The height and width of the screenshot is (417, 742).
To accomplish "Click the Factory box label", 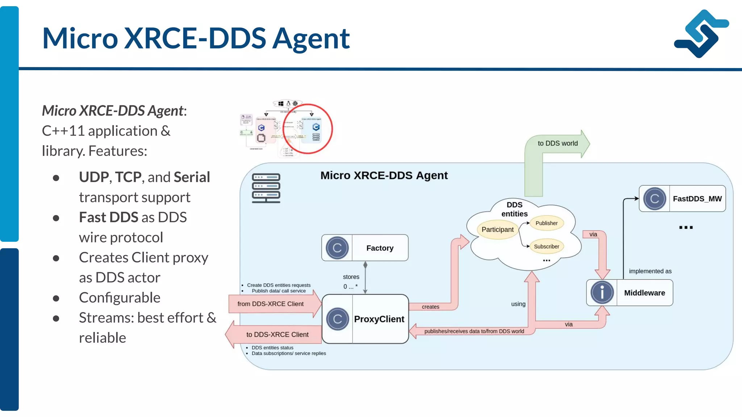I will coord(380,248).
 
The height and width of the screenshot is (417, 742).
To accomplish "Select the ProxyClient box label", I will coord(379,319).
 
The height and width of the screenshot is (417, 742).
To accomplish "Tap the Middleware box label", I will coord(644,293).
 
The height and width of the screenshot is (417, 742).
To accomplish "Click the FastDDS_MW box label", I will coord(697,199).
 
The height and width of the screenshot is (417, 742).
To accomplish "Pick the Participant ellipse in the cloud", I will coord(497,229).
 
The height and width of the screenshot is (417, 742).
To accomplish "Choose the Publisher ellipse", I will coord(546,223).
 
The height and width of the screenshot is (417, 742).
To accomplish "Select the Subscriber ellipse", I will coord(546,247).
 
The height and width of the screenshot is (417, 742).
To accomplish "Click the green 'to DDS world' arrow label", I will coord(558,143).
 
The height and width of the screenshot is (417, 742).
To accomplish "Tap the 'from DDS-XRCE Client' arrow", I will coord(271,304).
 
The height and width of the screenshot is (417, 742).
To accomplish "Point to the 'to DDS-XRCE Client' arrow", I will coord(277,334).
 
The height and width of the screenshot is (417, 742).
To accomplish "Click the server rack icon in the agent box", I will coord(266,188).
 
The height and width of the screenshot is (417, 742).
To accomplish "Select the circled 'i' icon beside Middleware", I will coord(602,292).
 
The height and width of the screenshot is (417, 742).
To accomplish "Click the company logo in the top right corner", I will coord(701,34).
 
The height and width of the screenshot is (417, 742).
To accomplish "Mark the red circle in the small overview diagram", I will coord(308,129).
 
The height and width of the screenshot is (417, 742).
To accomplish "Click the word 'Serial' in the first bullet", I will coord(192,177).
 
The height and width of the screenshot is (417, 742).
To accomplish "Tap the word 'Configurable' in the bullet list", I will coord(120,298).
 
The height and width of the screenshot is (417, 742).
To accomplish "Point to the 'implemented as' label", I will coord(650,271).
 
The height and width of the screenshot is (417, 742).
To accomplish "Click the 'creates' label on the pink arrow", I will coord(430,307).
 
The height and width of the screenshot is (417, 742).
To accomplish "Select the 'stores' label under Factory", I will coord(351,277).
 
